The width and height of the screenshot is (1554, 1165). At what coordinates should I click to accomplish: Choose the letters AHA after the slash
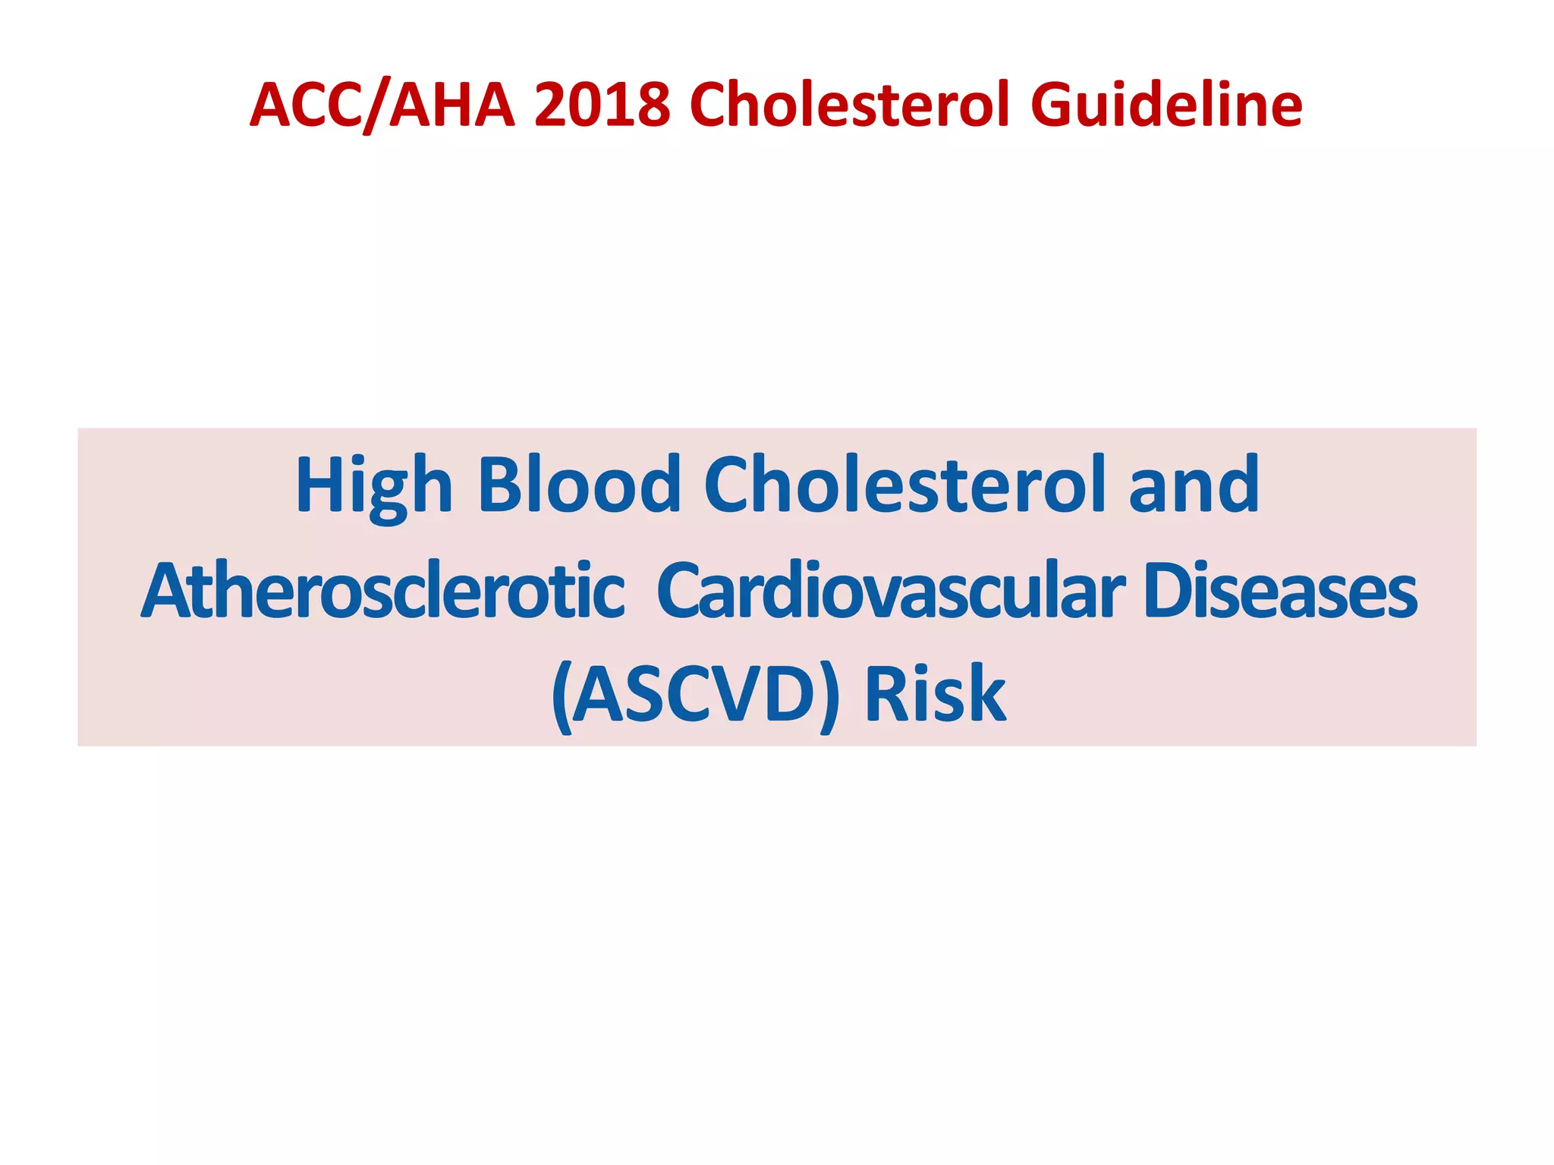click(452, 106)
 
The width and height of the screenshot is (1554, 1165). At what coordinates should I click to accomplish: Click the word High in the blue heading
click(374, 485)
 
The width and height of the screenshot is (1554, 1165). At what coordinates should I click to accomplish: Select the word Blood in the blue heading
click(579, 485)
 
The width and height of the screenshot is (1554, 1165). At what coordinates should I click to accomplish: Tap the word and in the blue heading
click(1194, 485)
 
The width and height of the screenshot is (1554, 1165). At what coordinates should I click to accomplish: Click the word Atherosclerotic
click(383, 592)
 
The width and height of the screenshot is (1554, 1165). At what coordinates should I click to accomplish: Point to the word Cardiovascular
click(889, 592)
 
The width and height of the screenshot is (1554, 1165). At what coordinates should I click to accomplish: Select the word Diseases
click(1279, 592)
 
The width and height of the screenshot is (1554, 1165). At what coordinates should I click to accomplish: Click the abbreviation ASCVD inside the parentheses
click(694, 694)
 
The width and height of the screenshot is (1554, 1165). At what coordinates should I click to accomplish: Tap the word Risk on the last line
click(935, 694)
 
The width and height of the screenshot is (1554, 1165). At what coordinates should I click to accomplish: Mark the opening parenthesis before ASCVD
click(562, 696)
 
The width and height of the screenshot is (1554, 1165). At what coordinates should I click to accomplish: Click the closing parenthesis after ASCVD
click(829, 696)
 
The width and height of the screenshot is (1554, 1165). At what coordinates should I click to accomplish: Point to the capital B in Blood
click(501, 485)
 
